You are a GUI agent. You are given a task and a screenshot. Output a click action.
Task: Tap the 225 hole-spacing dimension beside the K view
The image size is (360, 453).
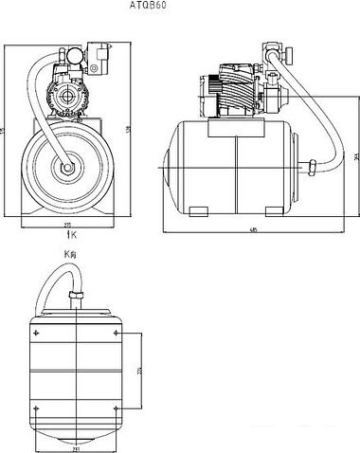[x=138, y=369]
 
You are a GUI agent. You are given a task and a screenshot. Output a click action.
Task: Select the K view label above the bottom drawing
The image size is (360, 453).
[x=67, y=254]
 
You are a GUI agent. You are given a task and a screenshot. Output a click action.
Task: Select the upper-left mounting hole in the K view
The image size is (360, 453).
[x=37, y=333]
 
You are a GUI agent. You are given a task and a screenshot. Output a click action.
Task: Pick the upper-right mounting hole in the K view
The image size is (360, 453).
[x=117, y=333]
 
